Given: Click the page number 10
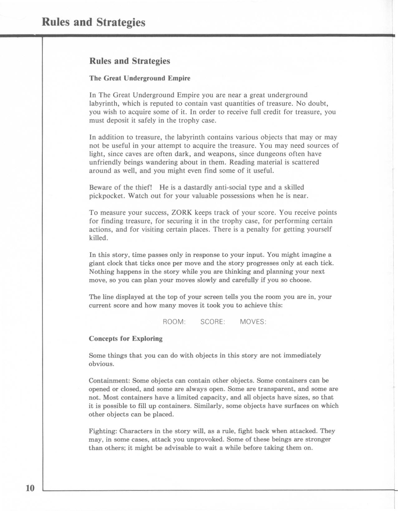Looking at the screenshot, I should [30, 488].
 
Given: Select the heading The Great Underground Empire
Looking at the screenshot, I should [140, 78].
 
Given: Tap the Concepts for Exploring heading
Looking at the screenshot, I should [126, 338].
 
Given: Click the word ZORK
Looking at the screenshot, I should [181, 213].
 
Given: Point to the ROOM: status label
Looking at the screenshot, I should [174, 322].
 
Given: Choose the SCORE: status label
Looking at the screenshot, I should [213, 322].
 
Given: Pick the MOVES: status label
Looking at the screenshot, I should [253, 322].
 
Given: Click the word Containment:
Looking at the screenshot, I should [109, 381].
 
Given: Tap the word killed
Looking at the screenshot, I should [98, 238].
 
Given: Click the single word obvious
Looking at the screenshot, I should [101, 364].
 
